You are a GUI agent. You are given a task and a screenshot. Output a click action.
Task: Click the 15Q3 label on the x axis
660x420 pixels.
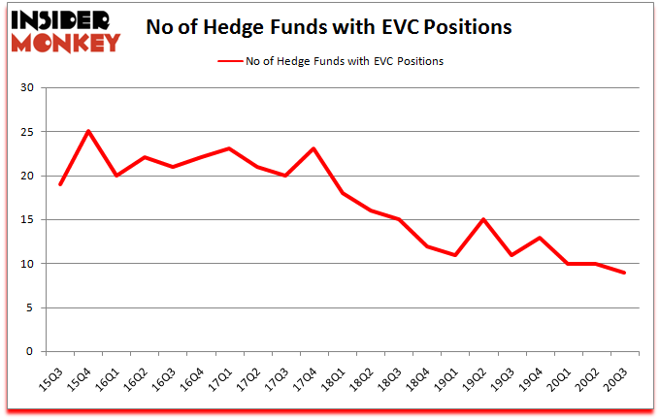[60, 372]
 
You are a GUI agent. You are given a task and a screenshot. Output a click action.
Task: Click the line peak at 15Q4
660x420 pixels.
[88, 132]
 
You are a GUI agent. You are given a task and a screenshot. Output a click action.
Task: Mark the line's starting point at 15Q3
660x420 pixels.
[60, 184]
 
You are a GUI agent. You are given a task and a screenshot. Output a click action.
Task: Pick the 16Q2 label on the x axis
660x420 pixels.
[144, 372]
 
